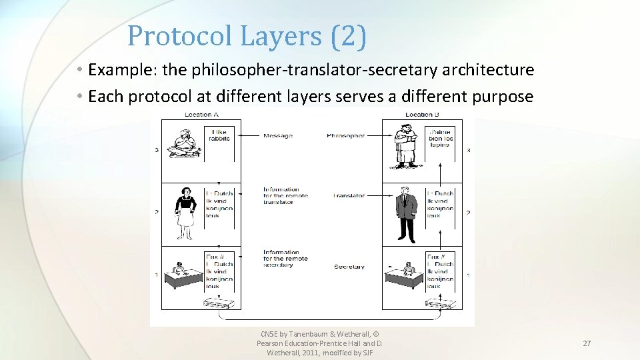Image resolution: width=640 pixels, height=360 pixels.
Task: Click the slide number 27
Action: pos(587,343)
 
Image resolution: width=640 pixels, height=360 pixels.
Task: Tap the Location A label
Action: pos(203,115)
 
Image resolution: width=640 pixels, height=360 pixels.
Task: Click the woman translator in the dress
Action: pos(186,209)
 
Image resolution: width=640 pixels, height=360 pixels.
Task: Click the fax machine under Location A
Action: pos(221,304)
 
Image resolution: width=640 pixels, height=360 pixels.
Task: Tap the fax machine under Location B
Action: pos(442,304)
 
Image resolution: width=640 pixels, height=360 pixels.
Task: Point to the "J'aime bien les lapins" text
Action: pos(440,138)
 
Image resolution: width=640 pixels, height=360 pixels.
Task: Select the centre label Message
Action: pos(278,136)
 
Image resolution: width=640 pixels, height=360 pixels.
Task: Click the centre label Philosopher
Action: pos(346,136)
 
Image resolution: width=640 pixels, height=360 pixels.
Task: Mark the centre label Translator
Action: pos(349,196)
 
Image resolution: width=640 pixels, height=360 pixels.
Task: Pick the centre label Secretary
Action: pos(349,267)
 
